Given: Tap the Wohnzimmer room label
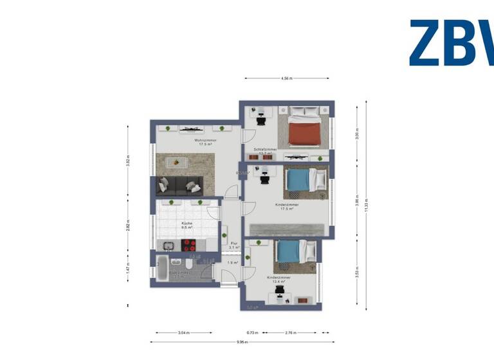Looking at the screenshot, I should (x=205, y=141).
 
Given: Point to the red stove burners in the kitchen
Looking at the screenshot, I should (x=190, y=244).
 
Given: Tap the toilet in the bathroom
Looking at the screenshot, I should (x=187, y=265).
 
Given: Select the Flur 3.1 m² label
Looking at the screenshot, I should (x=234, y=245).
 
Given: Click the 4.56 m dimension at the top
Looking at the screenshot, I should (x=287, y=78).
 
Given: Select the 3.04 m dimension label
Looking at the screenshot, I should (x=183, y=333).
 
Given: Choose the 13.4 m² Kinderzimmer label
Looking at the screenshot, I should (x=279, y=279).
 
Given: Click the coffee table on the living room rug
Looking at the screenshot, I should (x=175, y=163).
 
